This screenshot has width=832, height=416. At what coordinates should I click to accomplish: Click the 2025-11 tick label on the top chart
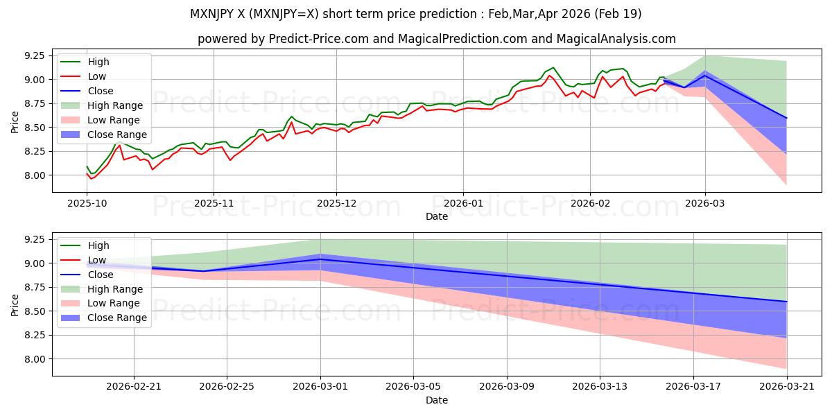click(x=214, y=204)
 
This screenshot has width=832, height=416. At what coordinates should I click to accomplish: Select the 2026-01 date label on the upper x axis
click(x=463, y=204)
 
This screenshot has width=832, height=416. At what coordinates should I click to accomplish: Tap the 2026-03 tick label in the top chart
click(x=704, y=204)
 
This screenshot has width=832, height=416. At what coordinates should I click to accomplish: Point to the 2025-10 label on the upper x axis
click(x=87, y=204)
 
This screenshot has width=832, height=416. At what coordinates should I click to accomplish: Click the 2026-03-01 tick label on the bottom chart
click(x=320, y=387)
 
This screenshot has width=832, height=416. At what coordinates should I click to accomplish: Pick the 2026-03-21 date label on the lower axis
click(x=787, y=387)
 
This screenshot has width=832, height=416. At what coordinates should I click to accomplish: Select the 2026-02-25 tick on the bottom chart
click(x=227, y=387)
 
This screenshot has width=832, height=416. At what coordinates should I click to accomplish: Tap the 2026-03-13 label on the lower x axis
click(x=600, y=387)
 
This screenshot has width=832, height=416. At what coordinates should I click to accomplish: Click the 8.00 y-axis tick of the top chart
click(x=35, y=175)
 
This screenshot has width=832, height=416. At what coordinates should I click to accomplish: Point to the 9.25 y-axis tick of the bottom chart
click(x=35, y=240)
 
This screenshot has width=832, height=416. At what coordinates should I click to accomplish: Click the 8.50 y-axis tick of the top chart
click(x=35, y=128)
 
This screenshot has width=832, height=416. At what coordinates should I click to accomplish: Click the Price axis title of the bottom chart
click(x=15, y=305)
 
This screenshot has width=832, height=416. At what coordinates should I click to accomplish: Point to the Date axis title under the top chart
click(x=436, y=216)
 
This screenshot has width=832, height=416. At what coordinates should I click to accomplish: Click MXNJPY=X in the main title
click(x=284, y=14)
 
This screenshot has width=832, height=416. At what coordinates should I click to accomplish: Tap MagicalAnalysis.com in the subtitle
click(x=616, y=39)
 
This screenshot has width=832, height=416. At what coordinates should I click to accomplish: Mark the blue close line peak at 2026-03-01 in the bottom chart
click(x=320, y=259)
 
